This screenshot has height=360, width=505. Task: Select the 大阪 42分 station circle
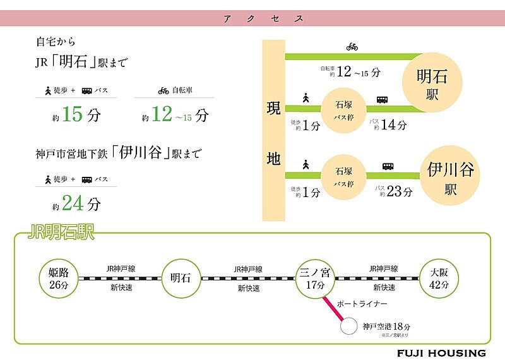point(437,278)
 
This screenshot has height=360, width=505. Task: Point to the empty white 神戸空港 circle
point(348,327)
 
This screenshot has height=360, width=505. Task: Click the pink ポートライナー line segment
point(333,308)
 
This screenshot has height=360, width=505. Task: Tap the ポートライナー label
point(358,304)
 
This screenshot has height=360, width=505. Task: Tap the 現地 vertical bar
point(273,129)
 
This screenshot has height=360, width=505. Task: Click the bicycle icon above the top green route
point(352,46)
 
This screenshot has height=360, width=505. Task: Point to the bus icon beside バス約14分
point(383,100)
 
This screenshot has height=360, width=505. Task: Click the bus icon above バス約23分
point(388,167)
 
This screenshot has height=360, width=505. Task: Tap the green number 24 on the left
point(73,203)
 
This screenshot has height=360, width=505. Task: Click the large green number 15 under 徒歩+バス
point(73,115)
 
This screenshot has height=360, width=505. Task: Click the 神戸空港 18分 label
point(386,327)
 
